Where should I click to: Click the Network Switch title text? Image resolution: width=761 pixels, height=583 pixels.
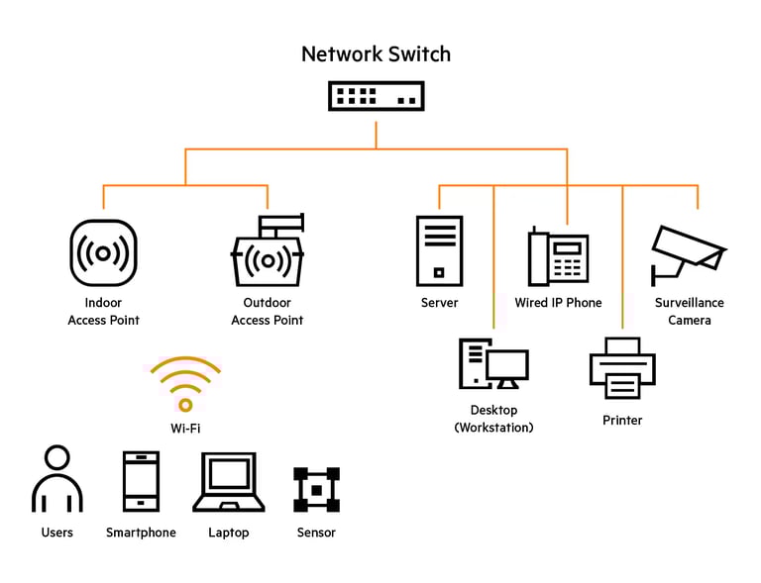[376, 53]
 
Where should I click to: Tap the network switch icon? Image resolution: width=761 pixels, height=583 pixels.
[376, 96]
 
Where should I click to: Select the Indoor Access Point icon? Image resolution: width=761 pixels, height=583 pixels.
[103, 253]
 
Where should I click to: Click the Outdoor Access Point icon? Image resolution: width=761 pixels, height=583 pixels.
[267, 254]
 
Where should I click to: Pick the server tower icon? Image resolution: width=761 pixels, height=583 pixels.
[439, 251]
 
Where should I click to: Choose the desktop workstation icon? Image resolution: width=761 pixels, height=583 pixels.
[493, 363]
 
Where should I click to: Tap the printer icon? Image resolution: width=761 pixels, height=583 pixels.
[622, 367]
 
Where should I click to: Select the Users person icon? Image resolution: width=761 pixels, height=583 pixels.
[57, 481]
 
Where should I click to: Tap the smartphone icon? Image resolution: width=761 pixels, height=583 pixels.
[141, 481]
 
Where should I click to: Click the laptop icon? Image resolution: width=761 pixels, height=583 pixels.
[228, 482]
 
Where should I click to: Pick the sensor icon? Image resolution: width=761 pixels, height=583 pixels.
[316, 489]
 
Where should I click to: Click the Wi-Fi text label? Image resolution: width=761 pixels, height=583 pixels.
[185, 429]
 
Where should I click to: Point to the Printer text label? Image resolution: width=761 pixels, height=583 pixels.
[622, 421]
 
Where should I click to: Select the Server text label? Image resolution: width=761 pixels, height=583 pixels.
[439, 303]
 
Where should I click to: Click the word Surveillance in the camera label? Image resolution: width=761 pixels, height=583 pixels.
[689, 303]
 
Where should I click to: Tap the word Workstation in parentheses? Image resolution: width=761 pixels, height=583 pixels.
[493, 428]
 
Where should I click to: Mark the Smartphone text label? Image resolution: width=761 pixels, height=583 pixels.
[141, 533]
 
